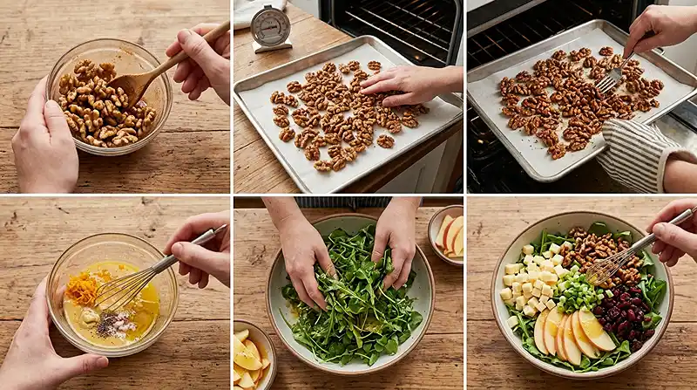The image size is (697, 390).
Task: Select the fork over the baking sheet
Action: coord(610,79)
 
